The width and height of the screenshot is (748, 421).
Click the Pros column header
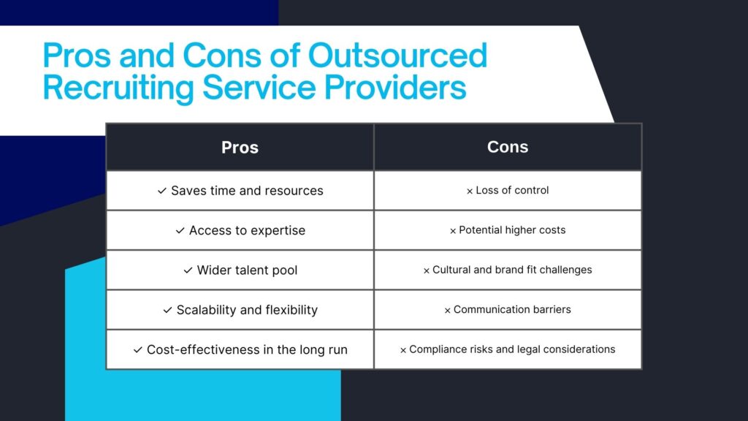tap(240, 148)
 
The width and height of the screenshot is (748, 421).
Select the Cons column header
tap(508, 147)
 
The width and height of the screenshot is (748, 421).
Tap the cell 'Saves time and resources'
tap(240, 191)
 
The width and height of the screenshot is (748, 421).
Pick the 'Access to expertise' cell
tap(240, 230)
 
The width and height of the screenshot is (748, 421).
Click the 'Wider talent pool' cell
tap(240, 270)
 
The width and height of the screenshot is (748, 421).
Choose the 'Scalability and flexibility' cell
tap(240, 310)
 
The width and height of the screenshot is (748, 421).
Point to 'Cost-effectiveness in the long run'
tap(240, 349)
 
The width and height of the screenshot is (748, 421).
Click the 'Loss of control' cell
tap(508, 191)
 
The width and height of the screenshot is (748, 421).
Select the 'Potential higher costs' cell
tap(508, 230)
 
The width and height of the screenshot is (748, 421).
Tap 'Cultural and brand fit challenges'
tap(508, 270)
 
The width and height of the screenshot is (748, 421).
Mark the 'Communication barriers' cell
tap(508, 310)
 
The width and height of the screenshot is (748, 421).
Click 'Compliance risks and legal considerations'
tap(508, 349)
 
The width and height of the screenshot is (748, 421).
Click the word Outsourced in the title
tap(397, 55)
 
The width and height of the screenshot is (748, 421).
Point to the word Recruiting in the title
tap(118, 88)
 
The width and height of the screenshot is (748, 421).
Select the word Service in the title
tap(259, 87)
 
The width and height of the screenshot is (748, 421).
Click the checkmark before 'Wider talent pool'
tap(188, 270)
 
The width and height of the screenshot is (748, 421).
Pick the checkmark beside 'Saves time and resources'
tap(162, 191)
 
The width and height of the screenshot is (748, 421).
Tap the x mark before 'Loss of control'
tap(470, 191)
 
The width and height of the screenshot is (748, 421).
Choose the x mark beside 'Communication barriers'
tap(448, 311)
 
